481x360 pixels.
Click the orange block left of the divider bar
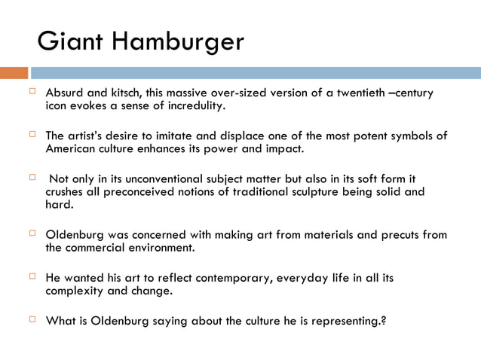pos(14,73)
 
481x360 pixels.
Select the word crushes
pos(66,192)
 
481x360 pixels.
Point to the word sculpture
pos(329,192)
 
